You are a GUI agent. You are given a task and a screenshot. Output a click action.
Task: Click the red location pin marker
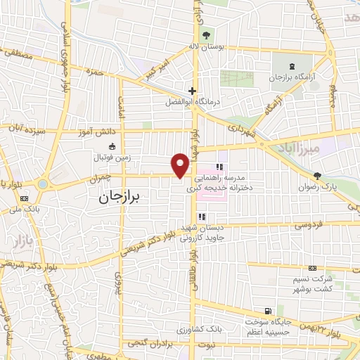tap(181, 165)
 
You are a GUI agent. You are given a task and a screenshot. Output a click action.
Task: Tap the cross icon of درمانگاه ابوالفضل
tap(191, 90)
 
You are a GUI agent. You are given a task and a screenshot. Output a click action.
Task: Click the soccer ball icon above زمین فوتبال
tap(112, 146)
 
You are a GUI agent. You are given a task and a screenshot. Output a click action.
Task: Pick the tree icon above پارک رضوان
tap(318, 176)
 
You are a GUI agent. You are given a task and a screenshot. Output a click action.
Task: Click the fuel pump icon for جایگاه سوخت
tap(267, 311)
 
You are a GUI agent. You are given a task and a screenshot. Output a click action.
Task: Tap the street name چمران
tap(100, 180)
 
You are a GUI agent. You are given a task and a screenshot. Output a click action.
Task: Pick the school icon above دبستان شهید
tap(202, 217)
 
